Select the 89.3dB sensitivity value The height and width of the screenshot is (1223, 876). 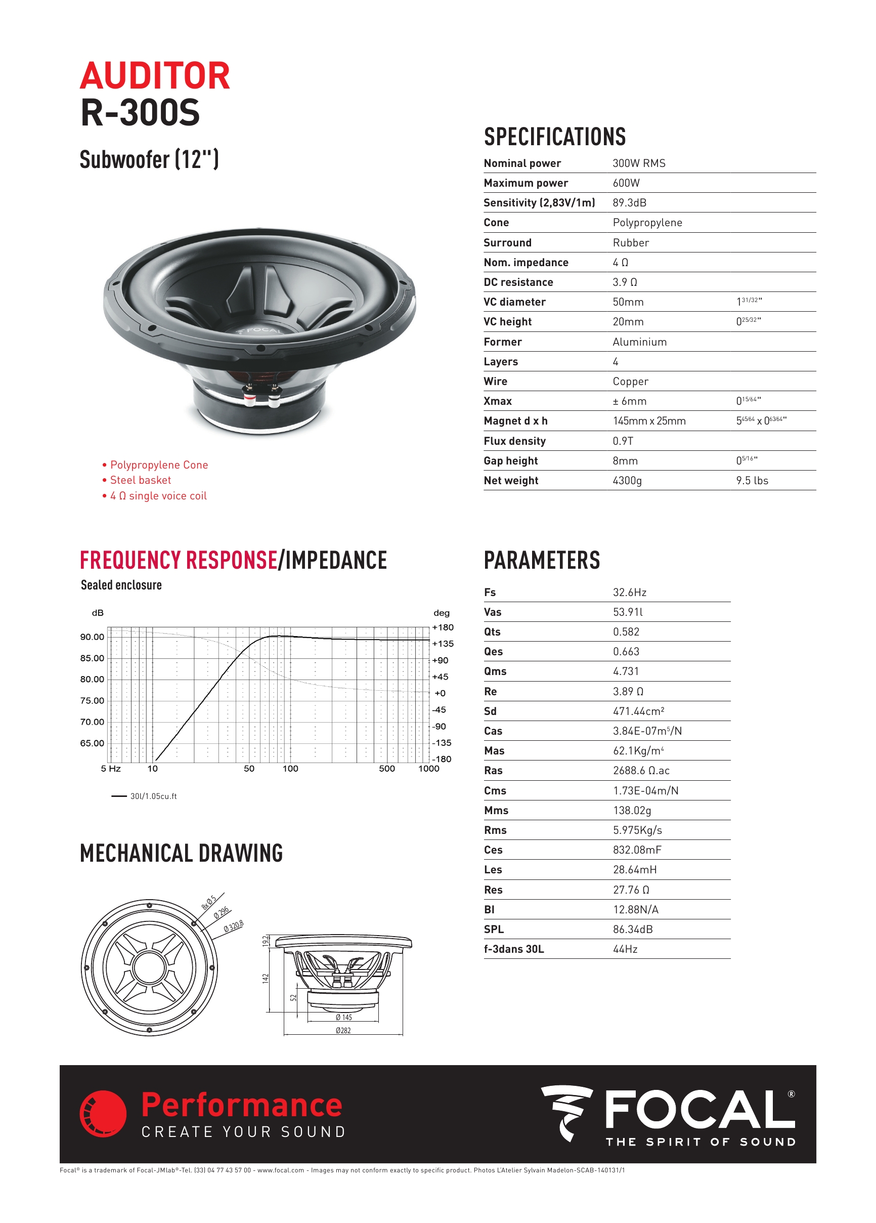(x=629, y=203)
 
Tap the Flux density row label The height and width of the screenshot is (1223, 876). (x=514, y=441)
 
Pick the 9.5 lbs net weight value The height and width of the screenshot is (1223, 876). (x=752, y=481)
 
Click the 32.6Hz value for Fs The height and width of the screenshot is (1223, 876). (x=629, y=592)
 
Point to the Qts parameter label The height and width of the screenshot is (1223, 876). (x=492, y=631)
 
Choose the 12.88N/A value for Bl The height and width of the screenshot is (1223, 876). (x=635, y=909)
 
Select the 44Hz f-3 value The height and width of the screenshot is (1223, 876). (x=625, y=949)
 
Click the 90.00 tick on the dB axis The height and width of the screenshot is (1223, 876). (x=92, y=637)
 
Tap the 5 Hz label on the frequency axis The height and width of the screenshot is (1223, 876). (x=110, y=769)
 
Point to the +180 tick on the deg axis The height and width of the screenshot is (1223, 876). (x=443, y=627)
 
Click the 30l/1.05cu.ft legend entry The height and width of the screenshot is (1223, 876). (x=153, y=796)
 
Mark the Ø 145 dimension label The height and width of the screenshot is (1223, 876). (x=343, y=1017)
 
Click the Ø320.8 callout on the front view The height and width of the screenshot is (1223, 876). (x=234, y=926)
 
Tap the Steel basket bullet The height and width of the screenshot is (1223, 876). (x=140, y=480)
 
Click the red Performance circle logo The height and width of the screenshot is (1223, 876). (x=103, y=1114)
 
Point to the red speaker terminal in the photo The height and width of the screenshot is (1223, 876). (x=249, y=399)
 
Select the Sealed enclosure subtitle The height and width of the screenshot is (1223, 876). (x=121, y=585)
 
